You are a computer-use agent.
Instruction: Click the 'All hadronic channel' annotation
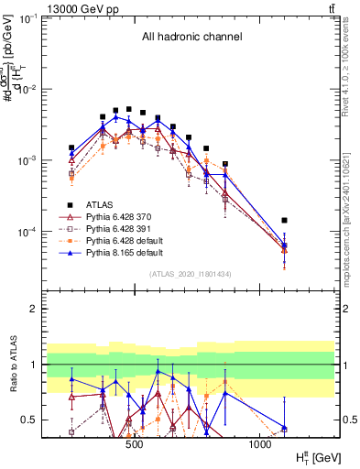point(191,38)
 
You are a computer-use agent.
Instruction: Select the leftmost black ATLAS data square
point(71,147)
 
